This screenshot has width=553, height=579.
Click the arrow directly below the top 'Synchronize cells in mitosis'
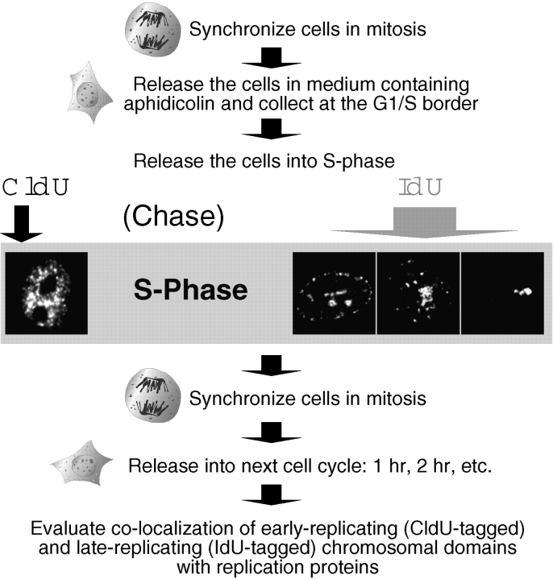276,59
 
